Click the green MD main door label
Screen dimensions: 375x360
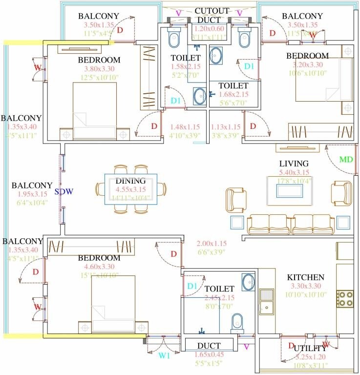point(346,160)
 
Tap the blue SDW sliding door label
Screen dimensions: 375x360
point(64,191)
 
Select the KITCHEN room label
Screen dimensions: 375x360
point(306,277)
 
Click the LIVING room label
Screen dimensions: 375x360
point(294,164)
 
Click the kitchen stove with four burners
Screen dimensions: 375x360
point(345,298)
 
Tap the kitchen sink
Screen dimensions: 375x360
point(267,302)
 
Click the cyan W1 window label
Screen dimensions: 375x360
point(165,355)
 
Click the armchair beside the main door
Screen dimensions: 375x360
point(341,191)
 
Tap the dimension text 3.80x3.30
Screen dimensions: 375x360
point(99,69)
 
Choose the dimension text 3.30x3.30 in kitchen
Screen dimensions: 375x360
point(306,287)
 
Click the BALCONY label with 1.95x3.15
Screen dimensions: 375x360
point(32,186)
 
